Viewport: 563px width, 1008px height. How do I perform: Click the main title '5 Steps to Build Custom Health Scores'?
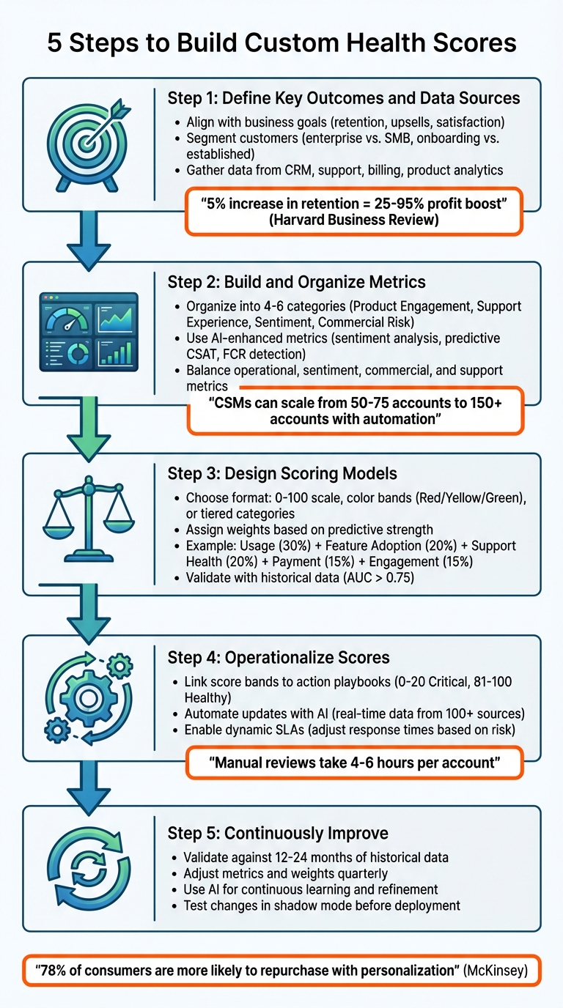281,43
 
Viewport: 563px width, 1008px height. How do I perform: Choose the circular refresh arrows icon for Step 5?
89,869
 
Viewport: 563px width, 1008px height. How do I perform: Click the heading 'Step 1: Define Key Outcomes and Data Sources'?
344,98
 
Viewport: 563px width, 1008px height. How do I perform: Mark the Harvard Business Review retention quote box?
355,212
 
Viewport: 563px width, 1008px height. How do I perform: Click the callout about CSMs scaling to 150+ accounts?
355,411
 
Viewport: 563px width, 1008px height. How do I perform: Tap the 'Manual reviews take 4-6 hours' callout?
355,762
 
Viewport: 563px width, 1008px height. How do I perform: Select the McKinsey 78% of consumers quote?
281,971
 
